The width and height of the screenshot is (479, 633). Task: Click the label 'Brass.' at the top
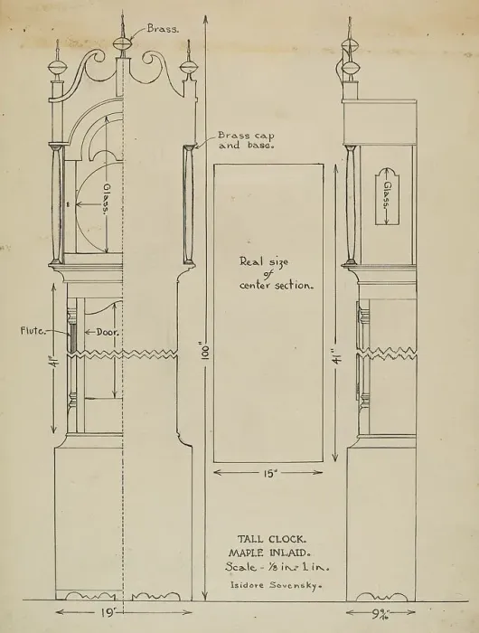163,29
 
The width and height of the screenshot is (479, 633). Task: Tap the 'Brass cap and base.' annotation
246,140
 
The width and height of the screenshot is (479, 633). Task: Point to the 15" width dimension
269,473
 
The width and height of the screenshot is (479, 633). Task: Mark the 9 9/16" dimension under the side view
380,614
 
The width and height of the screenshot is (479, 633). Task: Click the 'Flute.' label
33,331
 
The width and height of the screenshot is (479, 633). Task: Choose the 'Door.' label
108,333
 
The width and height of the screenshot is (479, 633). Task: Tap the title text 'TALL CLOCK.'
271,539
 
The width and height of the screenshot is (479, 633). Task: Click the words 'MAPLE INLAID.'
269,553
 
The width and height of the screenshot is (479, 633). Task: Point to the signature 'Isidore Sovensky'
276,584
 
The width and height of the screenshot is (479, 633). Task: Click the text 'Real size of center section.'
277,274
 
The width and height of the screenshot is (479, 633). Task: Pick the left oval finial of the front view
57,67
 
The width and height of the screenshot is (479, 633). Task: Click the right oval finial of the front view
189,67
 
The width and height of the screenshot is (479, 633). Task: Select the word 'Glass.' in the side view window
388,194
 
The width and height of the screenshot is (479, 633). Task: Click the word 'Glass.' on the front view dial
106,199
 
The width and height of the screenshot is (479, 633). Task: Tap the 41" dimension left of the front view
53,358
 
